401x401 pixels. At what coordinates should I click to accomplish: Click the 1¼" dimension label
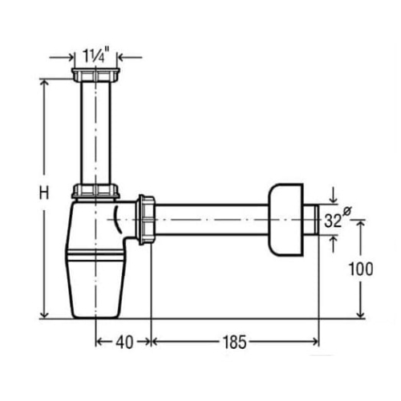point(93,55)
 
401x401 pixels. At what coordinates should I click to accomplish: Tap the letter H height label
point(44,193)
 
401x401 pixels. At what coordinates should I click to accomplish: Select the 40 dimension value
point(124,342)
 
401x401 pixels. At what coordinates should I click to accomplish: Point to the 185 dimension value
point(234,342)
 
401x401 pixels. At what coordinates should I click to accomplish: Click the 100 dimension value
point(361,269)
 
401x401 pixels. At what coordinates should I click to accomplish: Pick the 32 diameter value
point(333,221)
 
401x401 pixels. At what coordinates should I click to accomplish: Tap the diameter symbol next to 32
point(346,211)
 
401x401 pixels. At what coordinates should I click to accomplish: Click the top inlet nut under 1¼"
point(95,75)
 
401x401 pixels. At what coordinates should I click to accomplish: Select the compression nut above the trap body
point(95,191)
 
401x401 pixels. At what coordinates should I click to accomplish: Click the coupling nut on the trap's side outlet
point(146,220)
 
